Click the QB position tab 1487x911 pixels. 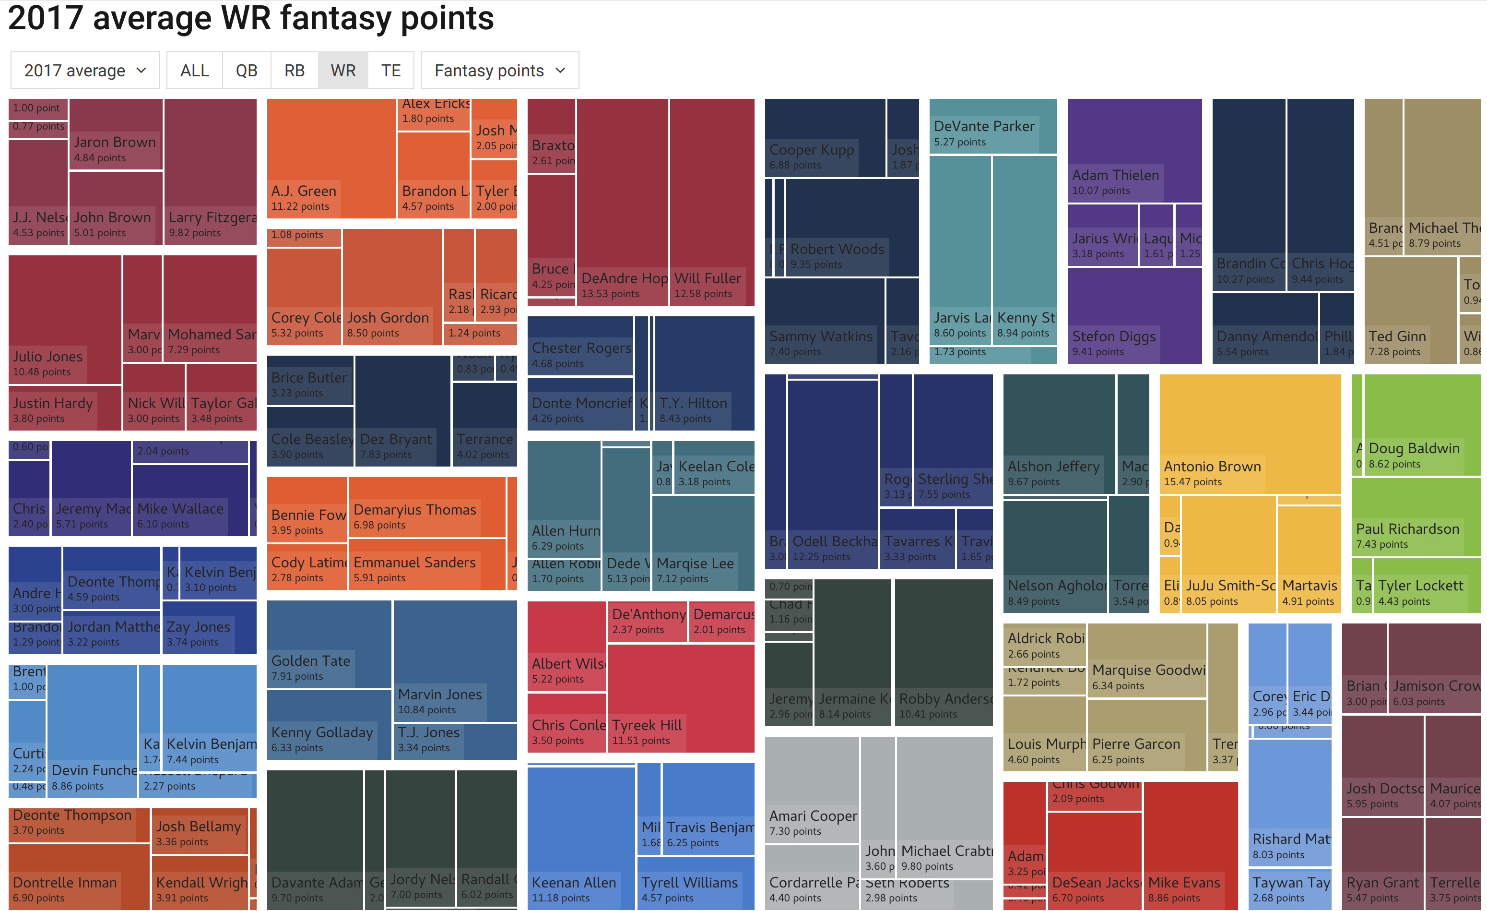click(x=246, y=71)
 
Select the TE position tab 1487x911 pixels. click(x=390, y=71)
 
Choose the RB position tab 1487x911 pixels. click(x=294, y=71)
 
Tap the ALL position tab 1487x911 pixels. click(x=194, y=71)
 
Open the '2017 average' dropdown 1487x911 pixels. click(x=85, y=71)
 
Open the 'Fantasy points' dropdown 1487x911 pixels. click(x=499, y=71)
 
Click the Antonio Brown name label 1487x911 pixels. click(x=1212, y=466)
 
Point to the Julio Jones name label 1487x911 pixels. click(x=47, y=356)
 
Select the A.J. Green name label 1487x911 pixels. click(x=304, y=191)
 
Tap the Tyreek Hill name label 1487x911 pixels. click(x=647, y=725)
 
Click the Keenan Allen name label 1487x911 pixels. click(x=573, y=883)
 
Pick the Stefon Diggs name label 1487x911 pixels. click(x=1113, y=336)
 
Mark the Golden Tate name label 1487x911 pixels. click(x=310, y=660)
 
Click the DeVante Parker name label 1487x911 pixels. click(x=984, y=126)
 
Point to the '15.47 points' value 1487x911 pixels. click(x=1192, y=482)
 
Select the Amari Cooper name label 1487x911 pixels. click(x=813, y=815)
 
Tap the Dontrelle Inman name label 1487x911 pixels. click(x=65, y=883)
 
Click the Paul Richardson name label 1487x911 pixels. click(x=1407, y=529)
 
